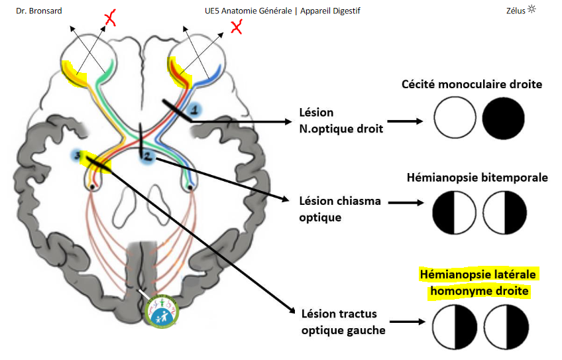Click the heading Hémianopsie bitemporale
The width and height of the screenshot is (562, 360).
[477, 178]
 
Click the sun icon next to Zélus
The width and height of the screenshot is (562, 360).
[532, 9]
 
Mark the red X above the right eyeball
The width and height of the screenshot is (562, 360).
[235, 27]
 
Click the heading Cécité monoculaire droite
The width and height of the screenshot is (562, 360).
[472, 84]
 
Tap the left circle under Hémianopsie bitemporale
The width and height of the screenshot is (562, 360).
[455, 212]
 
